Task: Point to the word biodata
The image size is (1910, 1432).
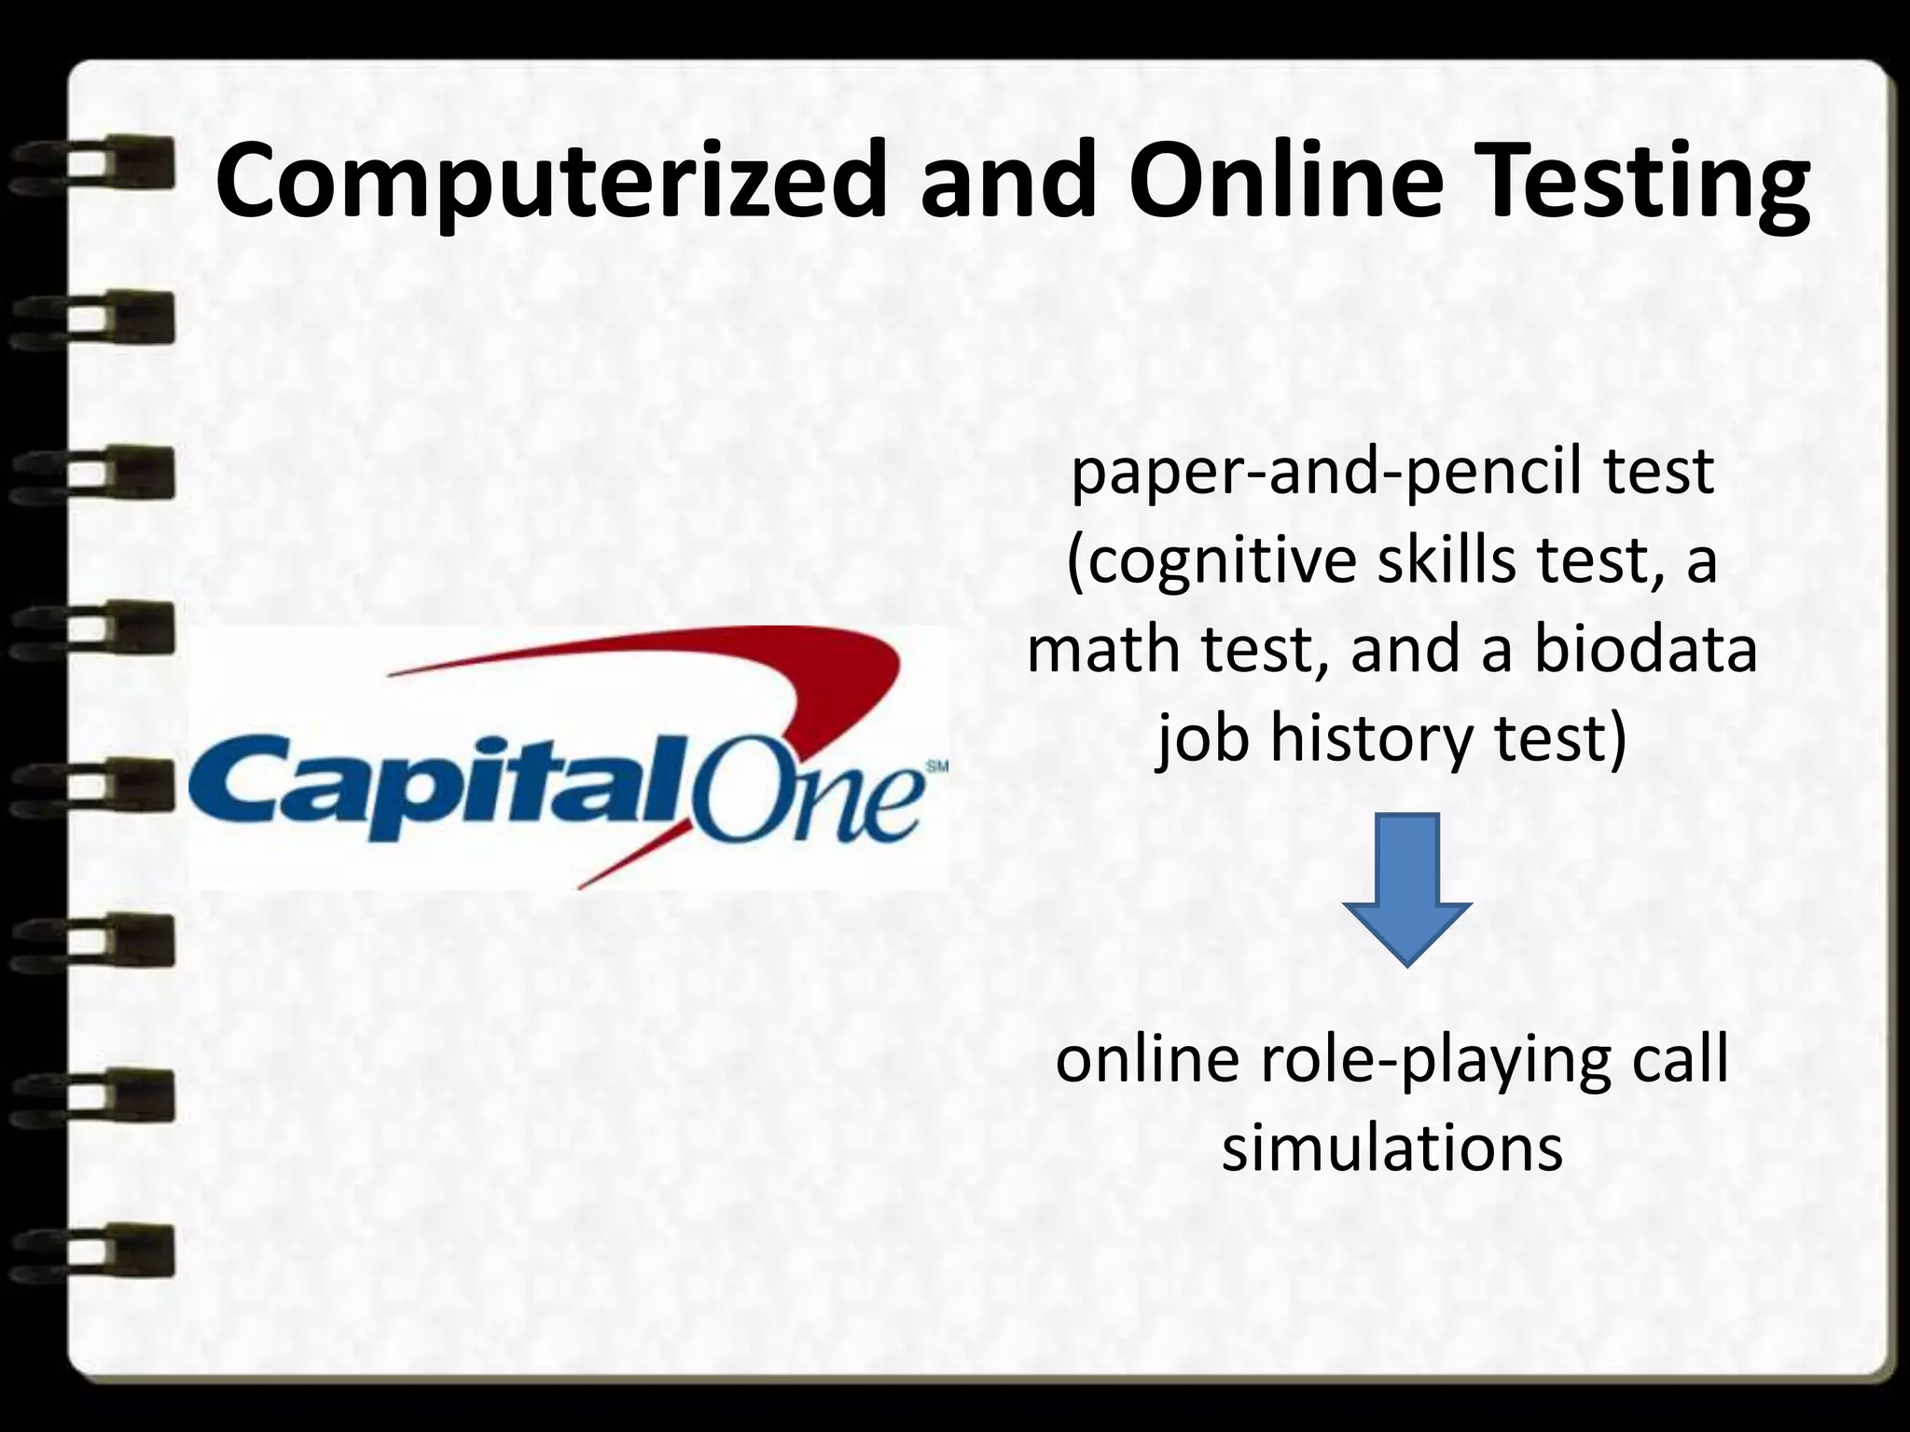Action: pos(1645,651)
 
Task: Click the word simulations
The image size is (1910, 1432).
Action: pos(1391,1149)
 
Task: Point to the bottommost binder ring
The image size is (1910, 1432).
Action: pos(93,1249)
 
